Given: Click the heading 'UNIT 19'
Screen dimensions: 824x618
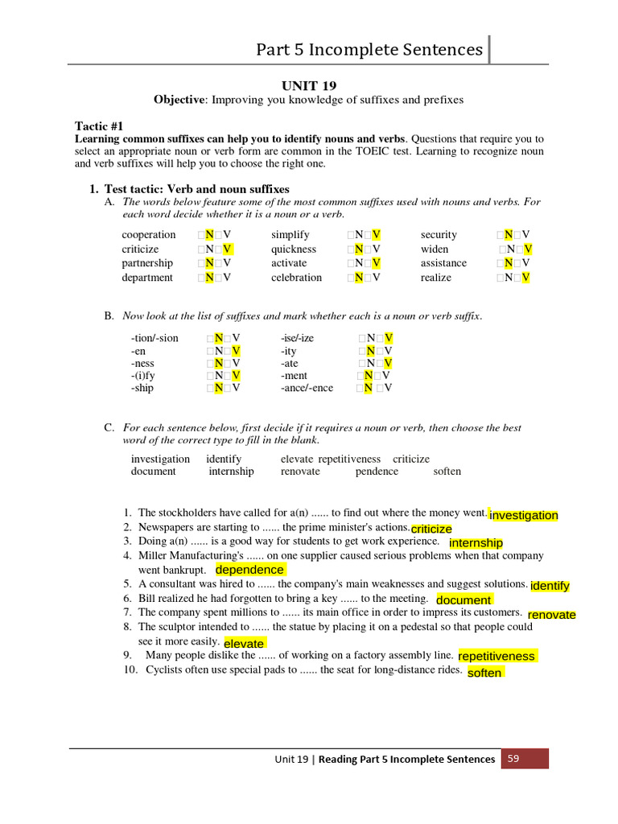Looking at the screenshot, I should (309, 85).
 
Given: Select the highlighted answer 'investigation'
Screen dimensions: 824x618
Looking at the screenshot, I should (523, 515).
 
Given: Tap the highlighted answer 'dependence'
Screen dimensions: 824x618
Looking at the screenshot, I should (249, 570).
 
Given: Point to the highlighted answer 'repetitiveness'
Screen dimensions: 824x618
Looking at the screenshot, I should (496, 656).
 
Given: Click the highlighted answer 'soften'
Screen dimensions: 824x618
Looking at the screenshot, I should (484, 673).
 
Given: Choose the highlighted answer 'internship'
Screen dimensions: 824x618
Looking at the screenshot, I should (476, 543).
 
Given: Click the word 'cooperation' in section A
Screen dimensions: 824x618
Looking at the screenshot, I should (149, 235).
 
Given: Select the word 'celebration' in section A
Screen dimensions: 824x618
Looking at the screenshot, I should (296, 278).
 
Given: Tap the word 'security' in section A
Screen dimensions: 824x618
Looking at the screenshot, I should (439, 235).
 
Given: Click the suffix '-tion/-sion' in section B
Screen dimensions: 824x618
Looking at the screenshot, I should (154, 338).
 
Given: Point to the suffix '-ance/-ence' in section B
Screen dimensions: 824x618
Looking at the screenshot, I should (307, 388).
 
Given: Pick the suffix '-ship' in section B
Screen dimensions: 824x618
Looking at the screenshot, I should (142, 388).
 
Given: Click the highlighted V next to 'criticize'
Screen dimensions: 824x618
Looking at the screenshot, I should (227, 249).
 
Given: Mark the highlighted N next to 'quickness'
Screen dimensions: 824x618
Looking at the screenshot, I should (359, 249).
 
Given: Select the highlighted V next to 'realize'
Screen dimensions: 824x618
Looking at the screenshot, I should (526, 278).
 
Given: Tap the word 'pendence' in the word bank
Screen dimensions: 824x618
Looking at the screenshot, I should (377, 472).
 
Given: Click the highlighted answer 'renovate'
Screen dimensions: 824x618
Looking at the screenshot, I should (551, 615).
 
